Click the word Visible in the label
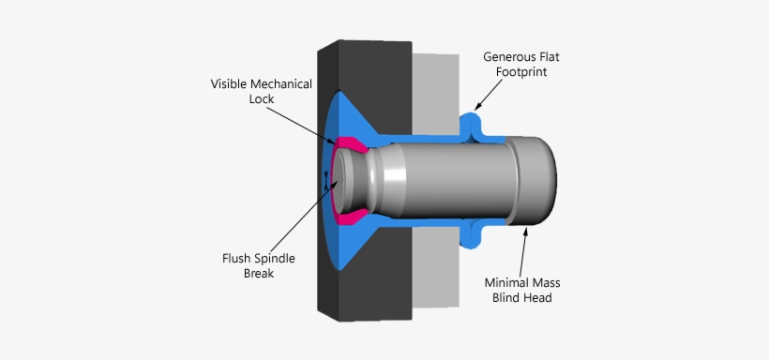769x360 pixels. pos(227,83)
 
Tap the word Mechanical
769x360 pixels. pos(279,83)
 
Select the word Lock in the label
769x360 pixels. pos(262,99)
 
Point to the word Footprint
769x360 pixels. pos(520,72)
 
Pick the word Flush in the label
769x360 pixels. pos(235,258)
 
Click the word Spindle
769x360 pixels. pos(274,259)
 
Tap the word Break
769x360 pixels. pos(259,273)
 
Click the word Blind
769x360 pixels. pos(505,298)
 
